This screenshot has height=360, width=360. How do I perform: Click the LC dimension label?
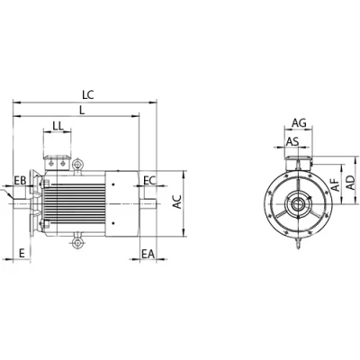coord(88,94)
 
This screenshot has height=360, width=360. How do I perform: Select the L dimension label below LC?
coord(82,110)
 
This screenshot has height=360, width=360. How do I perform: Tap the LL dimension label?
coord(58,126)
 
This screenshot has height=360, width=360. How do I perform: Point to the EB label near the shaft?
coord(21,181)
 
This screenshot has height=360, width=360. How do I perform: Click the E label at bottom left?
coord(22,253)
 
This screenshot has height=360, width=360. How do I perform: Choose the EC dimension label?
coord(150,181)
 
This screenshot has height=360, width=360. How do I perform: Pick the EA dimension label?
coord(148,255)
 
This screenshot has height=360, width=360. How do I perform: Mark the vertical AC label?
coord(177,202)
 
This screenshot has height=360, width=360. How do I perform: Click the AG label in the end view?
coord(299,122)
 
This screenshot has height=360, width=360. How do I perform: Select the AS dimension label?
coord(292,141)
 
